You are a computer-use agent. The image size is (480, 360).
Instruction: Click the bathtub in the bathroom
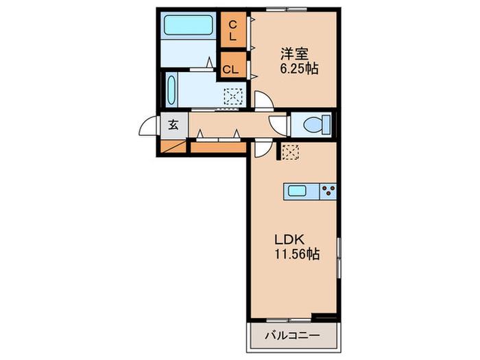click(x=189, y=25)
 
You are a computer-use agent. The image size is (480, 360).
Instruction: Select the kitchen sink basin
click(x=297, y=191)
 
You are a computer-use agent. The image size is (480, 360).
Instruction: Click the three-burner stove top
click(x=328, y=191)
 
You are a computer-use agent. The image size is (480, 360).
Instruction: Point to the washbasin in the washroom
click(x=171, y=90)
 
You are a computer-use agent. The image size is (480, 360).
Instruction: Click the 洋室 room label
click(x=294, y=54)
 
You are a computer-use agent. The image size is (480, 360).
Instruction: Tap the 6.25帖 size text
click(x=299, y=69)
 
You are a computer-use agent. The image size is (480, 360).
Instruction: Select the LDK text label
click(x=289, y=240)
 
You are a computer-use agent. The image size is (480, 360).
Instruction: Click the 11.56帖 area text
click(x=297, y=254)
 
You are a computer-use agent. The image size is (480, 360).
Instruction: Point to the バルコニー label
click(x=292, y=335)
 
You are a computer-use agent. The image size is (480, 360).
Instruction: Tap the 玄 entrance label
click(x=173, y=125)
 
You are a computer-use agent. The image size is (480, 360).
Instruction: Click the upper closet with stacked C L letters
click(x=233, y=29)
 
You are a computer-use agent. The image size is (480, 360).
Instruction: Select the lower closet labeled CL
click(x=233, y=65)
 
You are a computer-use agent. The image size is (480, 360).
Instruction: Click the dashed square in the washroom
click(x=233, y=97)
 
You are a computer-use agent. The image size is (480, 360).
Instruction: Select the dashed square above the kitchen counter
click(x=290, y=152)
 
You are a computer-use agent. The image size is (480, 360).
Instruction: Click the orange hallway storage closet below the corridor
click(x=219, y=147)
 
